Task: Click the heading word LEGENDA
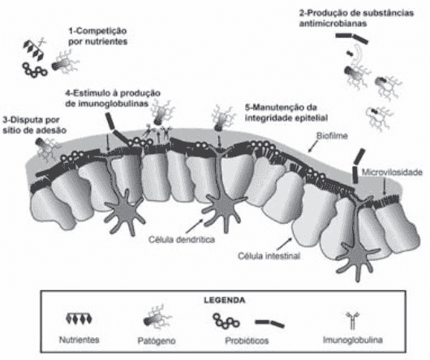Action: [224, 300]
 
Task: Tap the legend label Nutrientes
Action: [80, 340]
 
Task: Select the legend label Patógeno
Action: [157, 341]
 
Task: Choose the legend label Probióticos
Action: [247, 341]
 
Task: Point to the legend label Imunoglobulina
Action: [353, 340]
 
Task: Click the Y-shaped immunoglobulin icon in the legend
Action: [353, 320]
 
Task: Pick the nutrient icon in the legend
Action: [80, 319]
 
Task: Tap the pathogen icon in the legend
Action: [157, 318]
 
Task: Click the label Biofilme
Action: [332, 135]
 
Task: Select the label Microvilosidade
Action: [392, 173]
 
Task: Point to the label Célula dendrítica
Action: [182, 239]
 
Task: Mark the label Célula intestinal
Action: [269, 256]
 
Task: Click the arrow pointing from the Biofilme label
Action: [313, 146]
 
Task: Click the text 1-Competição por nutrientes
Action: [98, 36]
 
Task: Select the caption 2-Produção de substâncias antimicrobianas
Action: [356, 18]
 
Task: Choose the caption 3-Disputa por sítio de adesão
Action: [35, 125]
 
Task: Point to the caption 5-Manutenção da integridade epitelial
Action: [286, 113]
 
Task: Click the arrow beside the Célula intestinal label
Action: [285, 243]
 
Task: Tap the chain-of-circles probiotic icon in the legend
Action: [226, 321]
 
